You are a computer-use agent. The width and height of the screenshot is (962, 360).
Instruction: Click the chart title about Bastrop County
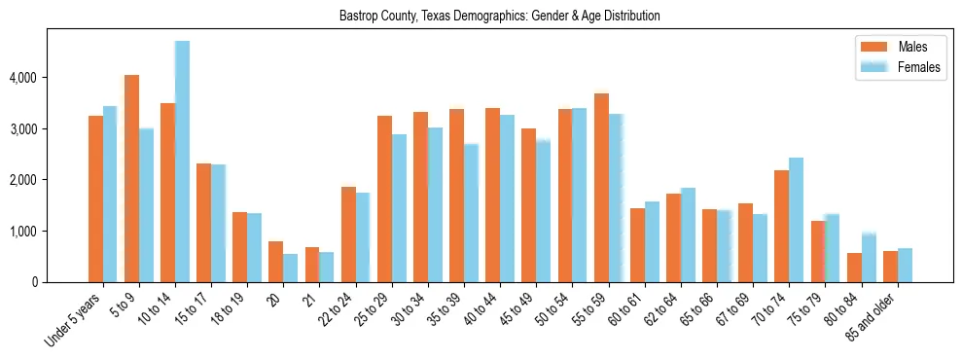coord(500,17)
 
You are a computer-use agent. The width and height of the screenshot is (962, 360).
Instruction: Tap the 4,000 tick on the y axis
coord(35,77)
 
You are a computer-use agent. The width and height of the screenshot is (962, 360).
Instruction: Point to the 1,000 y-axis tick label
coord(35,232)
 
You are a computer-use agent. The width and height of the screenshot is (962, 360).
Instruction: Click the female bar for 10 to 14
coord(182,162)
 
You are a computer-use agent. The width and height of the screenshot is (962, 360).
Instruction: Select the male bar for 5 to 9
coord(131,178)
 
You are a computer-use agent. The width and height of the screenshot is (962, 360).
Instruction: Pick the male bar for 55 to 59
coord(601,188)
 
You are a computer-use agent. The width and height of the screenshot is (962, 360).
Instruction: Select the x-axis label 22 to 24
coord(341,312)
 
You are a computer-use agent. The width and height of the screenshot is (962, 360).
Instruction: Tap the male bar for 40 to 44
coord(492,195)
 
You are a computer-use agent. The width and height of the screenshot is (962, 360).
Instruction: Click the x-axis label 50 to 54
coord(558,312)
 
